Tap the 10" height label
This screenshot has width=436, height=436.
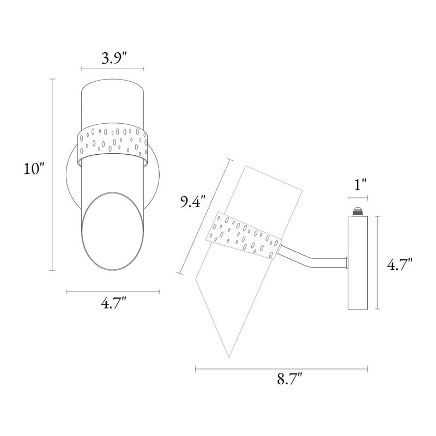click(x=34, y=168)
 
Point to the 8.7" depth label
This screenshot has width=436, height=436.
click(x=289, y=378)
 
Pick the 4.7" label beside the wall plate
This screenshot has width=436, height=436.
click(x=399, y=264)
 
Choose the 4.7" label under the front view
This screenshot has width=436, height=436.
click(x=113, y=303)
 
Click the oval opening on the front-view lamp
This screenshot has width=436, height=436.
click(x=113, y=231)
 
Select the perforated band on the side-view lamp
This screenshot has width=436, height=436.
click(x=244, y=237)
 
